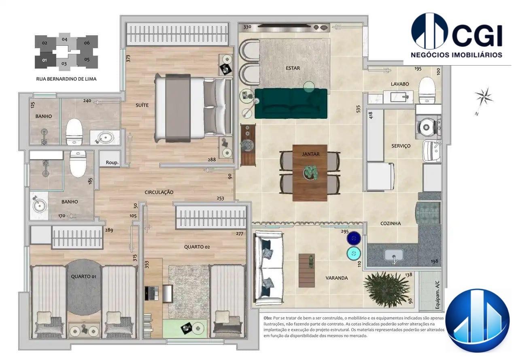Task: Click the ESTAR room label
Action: point(293,68)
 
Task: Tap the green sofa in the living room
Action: point(291,104)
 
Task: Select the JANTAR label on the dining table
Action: point(310,154)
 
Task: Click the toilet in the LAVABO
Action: point(427,89)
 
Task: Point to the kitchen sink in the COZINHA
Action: point(393,255)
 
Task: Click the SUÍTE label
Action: point(142,105)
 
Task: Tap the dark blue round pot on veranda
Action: point(354,238)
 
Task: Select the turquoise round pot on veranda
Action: point(354,253)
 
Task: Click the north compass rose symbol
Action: point(484,97)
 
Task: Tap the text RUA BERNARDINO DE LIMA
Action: point(66,79)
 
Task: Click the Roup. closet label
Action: point(112,162)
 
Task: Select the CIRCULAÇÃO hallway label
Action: point(159,192)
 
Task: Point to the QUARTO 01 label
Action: point(83,277)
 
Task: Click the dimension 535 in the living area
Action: point(358,109)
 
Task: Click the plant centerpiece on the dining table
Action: point(310,172)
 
